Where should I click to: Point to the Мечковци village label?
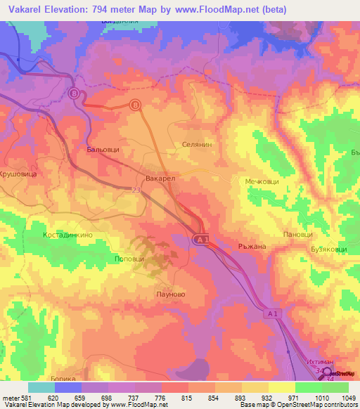[262, 181]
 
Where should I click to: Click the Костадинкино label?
[67, 235]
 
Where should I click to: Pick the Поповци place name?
[129, 259]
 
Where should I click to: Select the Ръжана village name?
[252, 247]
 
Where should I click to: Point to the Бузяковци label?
[322, 249]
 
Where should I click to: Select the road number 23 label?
[134, 190]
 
